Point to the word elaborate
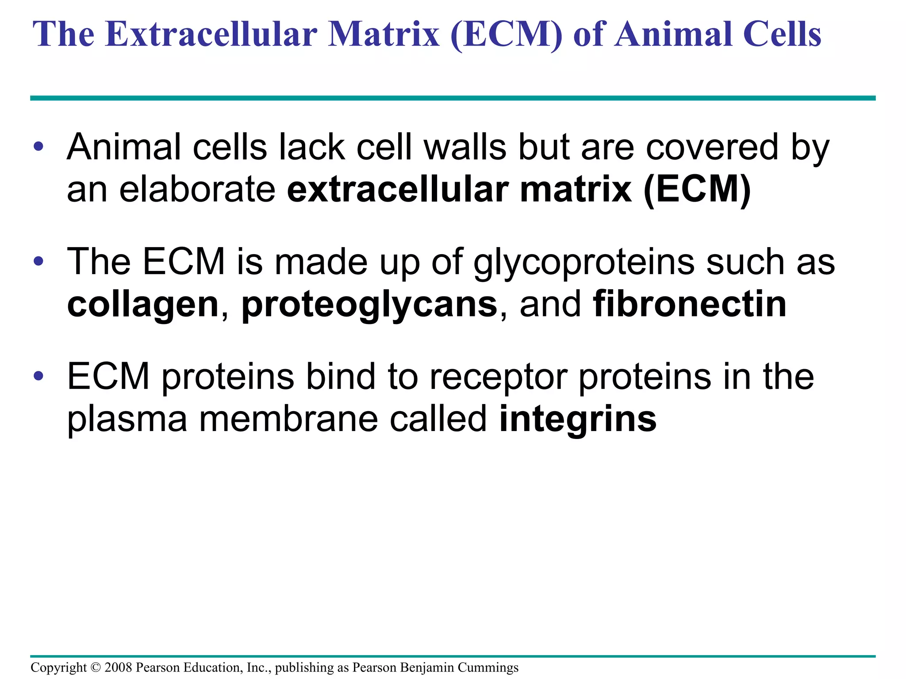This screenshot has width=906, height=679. coord(197,189)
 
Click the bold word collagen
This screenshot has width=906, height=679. coord(143,304)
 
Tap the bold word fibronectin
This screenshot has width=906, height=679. coord(690,304)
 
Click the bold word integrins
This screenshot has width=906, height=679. coord(578,419)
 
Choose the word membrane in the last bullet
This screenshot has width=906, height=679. coord(288,419)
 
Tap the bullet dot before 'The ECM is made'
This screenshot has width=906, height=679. coord(38,261)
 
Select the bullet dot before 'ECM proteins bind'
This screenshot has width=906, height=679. coord(38,376)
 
